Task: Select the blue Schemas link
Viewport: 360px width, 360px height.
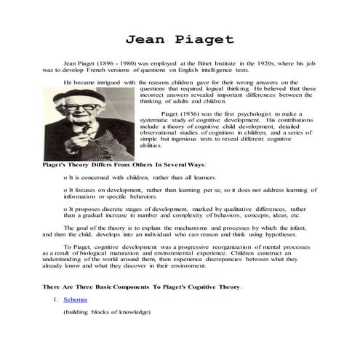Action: pos(75,299)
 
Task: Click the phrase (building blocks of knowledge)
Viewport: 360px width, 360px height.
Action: pos(106,311)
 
